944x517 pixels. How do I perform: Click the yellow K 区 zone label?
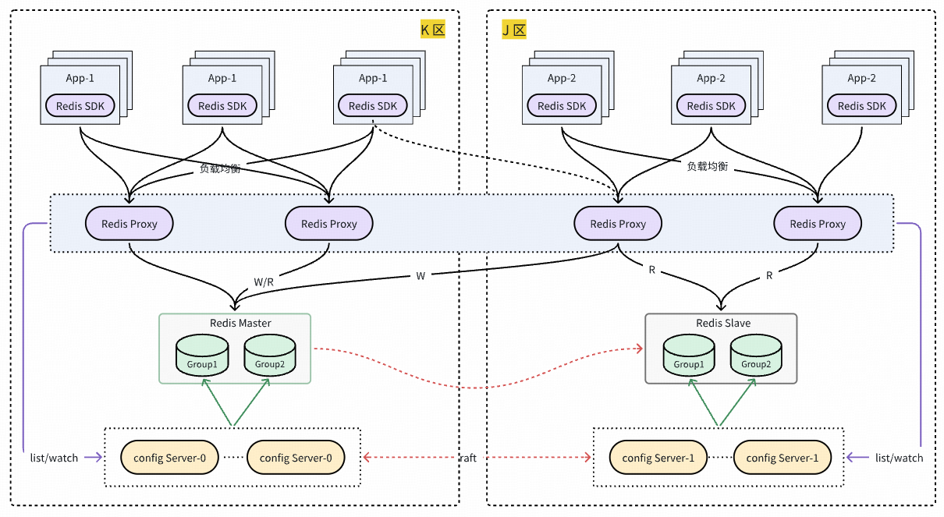[432, 30]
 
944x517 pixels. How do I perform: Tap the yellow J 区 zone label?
[514, 30]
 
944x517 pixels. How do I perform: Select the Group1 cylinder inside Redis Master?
[202, 356]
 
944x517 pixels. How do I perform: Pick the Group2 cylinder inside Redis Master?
[270, 356]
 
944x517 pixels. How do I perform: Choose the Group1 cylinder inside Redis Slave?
[689, 356]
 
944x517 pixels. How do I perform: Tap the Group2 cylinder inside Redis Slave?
[756, 356]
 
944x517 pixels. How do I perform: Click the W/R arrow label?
[264, 282]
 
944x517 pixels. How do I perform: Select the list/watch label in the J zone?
[899, 458]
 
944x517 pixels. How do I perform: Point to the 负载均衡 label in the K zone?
[220, 168]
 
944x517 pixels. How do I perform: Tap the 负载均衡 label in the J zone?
[708, 167]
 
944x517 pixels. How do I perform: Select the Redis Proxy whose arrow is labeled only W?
[618, 224]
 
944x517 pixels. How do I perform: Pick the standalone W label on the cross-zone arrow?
[421, 275]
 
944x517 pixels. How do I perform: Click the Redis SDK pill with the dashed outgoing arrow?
[373, 106]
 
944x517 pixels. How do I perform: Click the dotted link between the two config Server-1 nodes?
[720, 458]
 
